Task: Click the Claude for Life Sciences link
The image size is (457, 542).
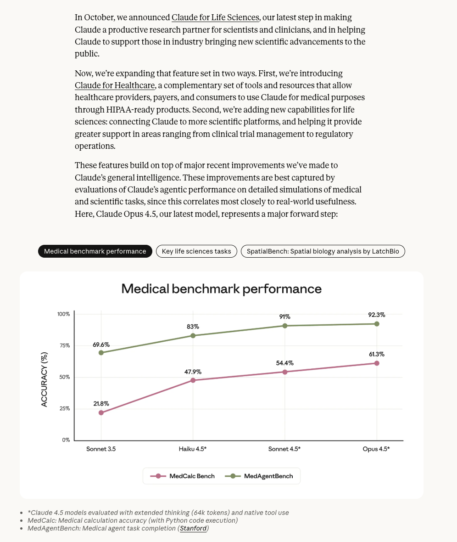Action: click(215, 17)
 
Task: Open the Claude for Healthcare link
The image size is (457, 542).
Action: click(115, 85)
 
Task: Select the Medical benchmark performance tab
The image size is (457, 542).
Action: click(95, 251)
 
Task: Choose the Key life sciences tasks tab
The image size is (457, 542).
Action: click(196, 251)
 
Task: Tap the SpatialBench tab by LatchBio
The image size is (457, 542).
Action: click(323, 251)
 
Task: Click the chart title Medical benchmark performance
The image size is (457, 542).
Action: click(221, 288)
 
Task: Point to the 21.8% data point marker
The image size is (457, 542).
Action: click(101, 412)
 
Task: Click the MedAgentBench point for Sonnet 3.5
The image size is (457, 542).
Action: click(101, 353)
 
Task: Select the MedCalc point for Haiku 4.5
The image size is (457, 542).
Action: click(193, 380)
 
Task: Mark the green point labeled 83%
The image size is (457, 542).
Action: click(193, 336)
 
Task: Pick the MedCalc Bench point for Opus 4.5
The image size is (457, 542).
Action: click(377, 363)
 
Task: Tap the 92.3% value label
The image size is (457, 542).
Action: click(377, 315)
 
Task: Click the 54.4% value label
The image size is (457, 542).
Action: click(284, 363)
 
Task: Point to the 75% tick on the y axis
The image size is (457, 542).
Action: click(64, 345)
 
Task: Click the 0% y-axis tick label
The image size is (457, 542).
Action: click(66, 440)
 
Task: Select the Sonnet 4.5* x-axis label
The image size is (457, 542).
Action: click(284, 449)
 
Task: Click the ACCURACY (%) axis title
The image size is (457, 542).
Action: click(44, 379)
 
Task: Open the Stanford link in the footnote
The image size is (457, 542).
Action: click(193, 529)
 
